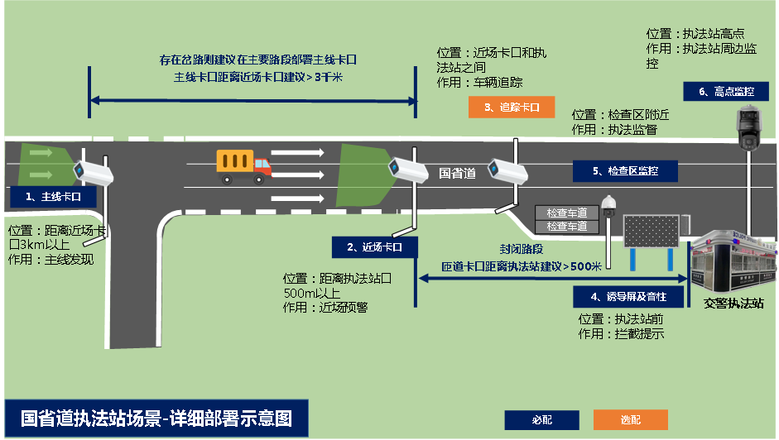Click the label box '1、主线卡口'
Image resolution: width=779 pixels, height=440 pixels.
(54, 197)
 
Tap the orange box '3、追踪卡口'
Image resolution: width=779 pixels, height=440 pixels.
(511, 108)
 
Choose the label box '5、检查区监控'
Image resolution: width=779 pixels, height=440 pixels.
(625, 171)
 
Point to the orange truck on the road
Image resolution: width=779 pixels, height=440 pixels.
(243, 165)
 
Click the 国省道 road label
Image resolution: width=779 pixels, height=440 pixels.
(457, 173)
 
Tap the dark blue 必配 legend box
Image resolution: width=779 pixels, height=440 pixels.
(541, 419)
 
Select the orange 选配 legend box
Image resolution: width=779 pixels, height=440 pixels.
(631, 419)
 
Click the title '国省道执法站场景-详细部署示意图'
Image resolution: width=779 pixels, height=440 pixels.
(156, 418)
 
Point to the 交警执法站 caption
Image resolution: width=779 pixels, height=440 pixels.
(733, 303)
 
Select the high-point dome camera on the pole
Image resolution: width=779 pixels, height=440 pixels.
(750, 129)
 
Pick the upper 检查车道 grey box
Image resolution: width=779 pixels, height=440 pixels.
(566, 213)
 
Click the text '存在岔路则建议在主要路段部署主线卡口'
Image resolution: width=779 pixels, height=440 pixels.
(257, 60)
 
